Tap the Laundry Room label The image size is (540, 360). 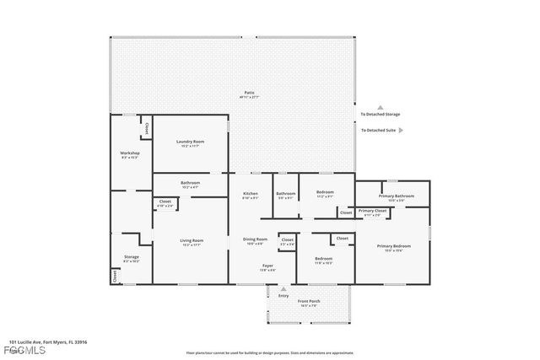[x=190, y=143]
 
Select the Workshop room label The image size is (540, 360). [x=129, y=154]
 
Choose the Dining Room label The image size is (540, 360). [x=256, y=240]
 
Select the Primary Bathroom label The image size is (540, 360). [x=396, y=197]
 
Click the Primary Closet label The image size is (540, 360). [x=372, y=212]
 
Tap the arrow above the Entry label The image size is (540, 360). [x=283, y=287]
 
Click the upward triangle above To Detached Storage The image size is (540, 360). [x=380, y=108]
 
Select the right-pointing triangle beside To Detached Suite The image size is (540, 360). [x=401, y=131]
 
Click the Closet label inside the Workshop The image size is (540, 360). [x=146, y=129]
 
